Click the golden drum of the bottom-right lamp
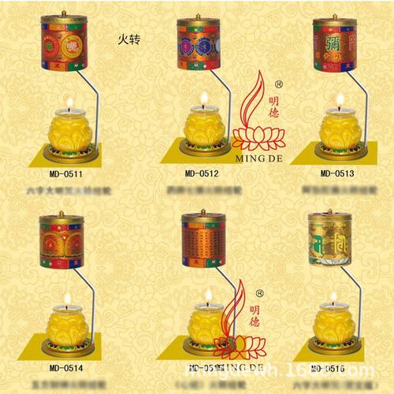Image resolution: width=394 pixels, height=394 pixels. (x=330, y=240)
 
